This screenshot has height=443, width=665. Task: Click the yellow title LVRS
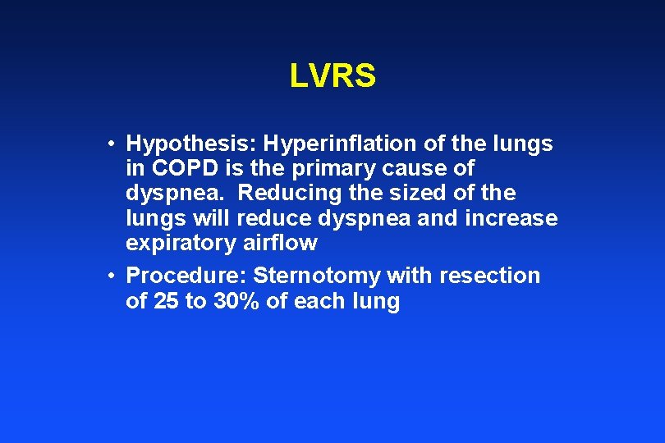click(x=332, y=76)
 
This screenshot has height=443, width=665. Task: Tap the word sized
click(x=410, y=194)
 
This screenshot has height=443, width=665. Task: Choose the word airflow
click(x=280, y=243)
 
